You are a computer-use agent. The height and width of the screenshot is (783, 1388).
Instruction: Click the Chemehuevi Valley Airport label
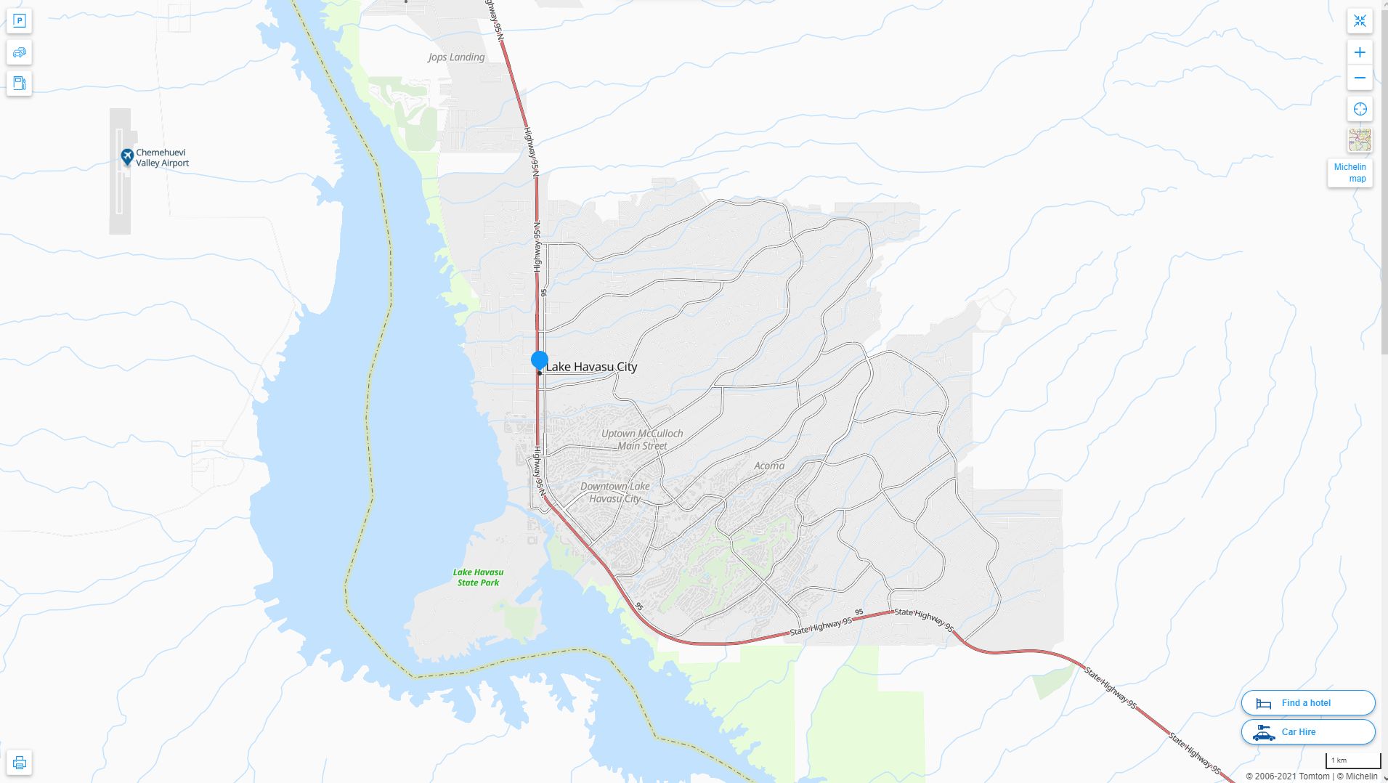162,158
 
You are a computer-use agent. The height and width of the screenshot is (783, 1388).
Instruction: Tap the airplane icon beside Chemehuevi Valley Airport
127,157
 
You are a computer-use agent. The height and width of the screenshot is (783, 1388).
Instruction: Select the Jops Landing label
456,57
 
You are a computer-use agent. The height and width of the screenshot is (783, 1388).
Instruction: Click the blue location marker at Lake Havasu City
539,360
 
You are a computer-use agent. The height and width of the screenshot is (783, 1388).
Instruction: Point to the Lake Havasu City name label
591,367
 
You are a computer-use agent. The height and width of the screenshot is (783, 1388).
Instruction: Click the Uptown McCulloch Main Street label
642,439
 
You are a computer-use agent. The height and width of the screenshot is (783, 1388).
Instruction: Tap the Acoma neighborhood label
769,466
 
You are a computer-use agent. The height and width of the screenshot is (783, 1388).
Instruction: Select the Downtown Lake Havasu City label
615,492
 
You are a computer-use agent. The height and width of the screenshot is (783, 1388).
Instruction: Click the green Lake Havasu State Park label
478,577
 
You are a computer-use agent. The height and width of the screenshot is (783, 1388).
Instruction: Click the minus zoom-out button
1360,78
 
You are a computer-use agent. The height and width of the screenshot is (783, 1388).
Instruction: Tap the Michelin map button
1350,173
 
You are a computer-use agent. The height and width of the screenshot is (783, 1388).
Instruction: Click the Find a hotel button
1307,703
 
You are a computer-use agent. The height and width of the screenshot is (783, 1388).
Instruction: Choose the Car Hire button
1307,732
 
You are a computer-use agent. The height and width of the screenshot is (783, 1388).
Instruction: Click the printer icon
20,763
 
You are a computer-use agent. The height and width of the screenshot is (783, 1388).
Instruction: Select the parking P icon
20,20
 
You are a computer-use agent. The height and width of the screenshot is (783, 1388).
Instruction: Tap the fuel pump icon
20,83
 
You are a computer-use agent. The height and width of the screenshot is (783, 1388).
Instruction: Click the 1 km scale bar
1352,761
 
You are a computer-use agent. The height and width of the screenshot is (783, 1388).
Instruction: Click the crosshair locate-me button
1360,109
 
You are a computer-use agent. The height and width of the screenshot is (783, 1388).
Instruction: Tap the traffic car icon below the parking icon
20,52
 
